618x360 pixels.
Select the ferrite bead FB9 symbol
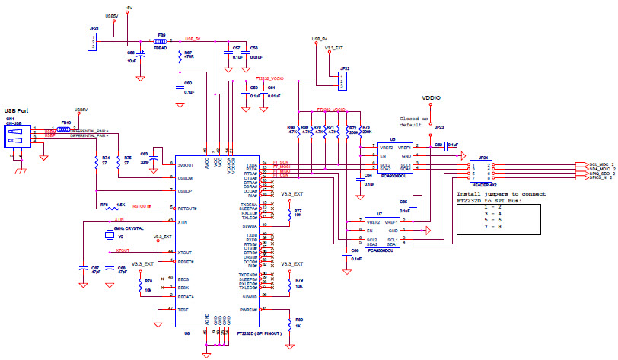click(161, 42)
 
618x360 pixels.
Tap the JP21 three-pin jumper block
click(93, 41)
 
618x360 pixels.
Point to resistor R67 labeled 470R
click(180, 56)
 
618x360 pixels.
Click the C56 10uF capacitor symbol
click(142, 54)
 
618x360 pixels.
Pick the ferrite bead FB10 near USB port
click(65, 129)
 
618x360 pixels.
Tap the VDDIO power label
click(431, 99)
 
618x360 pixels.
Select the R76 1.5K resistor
click(112, 205)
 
